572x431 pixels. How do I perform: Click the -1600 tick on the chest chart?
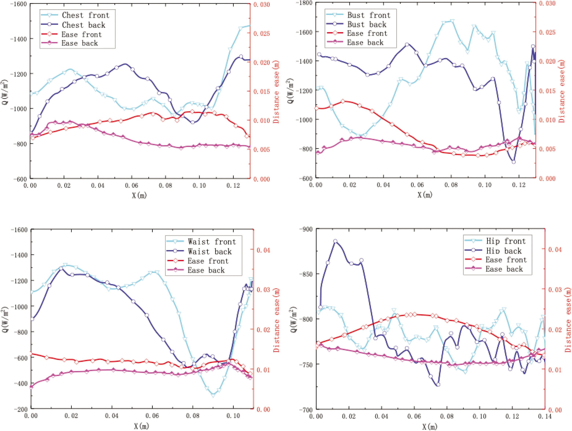pos(19,4)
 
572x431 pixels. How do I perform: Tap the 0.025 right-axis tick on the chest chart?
pos(261,33)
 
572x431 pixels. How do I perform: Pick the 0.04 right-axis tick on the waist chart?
pos(263,250)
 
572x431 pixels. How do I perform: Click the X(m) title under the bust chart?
pos(425,195)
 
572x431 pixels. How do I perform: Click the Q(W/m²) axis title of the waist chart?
pos(5,319)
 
